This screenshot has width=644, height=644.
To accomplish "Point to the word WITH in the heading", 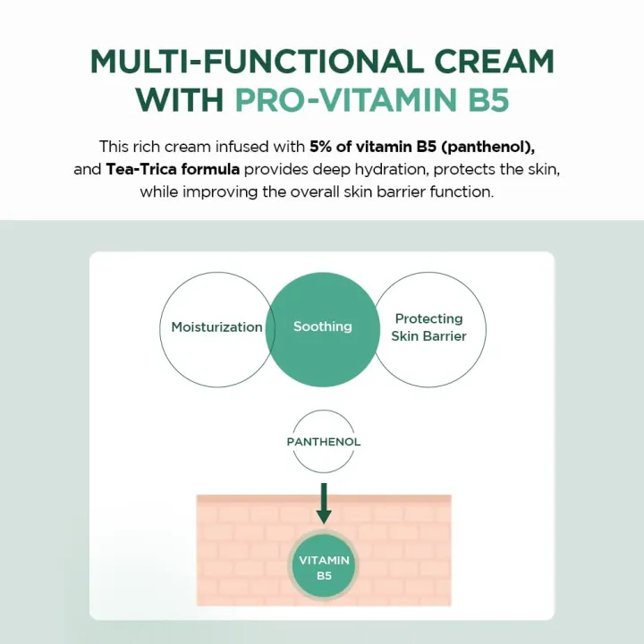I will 181,99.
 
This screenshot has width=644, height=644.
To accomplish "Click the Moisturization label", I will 217,327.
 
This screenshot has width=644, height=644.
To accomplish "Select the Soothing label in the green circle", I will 323,326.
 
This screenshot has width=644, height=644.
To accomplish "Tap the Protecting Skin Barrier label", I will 429,327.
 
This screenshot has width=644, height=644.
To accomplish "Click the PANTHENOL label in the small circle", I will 324,442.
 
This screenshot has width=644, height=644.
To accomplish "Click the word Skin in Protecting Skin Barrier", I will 407,336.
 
